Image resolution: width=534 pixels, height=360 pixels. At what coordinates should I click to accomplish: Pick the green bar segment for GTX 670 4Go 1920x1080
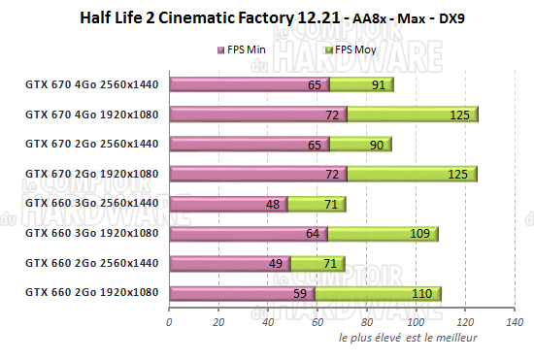point(412,115)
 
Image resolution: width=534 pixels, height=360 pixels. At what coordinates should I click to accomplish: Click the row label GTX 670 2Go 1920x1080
point(91,174)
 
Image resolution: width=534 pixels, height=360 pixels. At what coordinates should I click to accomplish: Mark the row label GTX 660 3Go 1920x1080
point(91,233)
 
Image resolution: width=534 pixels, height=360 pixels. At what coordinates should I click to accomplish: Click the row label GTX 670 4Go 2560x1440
point(91,84)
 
